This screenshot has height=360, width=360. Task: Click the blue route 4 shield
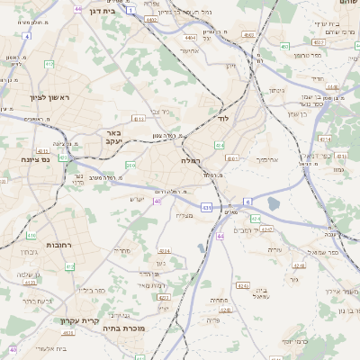point(27,36)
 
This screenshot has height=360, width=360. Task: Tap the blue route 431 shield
point(207,208)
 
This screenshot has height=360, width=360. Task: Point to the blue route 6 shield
point(248,202)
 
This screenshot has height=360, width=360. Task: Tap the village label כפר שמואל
point(319,253)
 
